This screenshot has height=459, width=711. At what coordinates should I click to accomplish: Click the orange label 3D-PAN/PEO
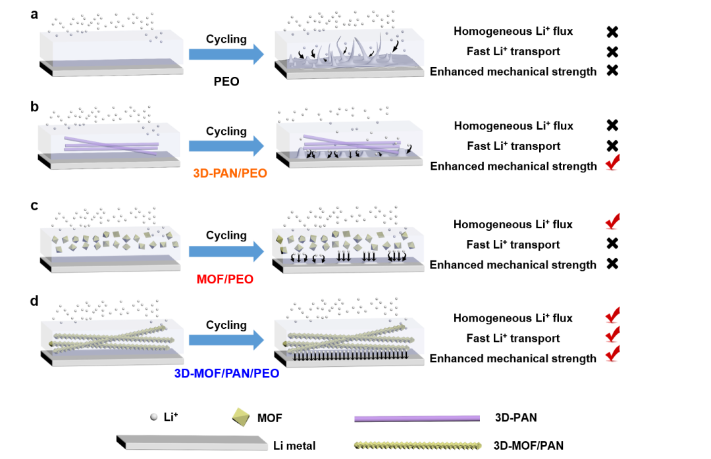point(230,174)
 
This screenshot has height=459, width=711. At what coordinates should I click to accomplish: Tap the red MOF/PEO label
point(224,279)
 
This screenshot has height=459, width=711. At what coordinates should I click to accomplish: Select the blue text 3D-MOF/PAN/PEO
point(226,374)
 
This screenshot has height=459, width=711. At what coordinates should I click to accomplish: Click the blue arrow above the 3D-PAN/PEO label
point(226,146)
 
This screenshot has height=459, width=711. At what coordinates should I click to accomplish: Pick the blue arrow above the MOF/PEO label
point(226,251)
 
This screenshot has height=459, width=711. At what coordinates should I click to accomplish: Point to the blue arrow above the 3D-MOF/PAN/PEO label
point(226,340)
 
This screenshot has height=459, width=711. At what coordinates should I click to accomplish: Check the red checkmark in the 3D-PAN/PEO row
point(612,162)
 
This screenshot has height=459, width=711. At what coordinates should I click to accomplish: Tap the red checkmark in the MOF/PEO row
point(612,222)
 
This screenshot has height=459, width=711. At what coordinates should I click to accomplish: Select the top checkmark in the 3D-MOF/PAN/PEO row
point(612,315)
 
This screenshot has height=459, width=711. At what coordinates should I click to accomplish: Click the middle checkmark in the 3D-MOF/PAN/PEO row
point(612,334)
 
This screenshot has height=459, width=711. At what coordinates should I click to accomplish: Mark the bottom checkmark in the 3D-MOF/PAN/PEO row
point(612,354)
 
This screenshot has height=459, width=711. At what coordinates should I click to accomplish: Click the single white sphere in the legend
point(154,416)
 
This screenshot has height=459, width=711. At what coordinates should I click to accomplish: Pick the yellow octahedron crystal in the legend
point(241,416)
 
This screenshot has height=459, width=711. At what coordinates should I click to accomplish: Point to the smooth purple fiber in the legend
point(417,418)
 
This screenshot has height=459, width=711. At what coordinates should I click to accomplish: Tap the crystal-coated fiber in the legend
point(417,446)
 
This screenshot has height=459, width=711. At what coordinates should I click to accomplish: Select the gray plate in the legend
point(192,443)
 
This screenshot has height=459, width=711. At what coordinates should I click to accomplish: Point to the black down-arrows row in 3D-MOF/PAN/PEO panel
point(349,356)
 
